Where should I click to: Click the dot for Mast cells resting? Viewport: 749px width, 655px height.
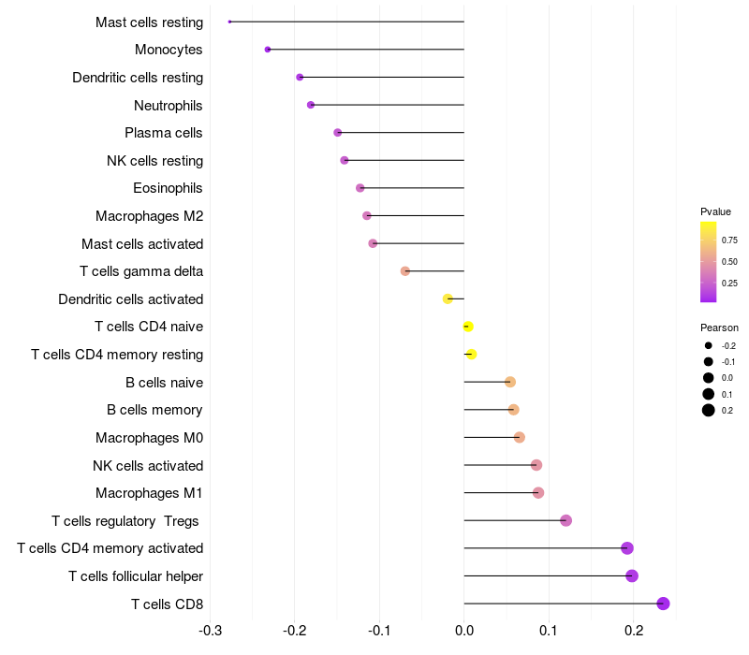point(229,22)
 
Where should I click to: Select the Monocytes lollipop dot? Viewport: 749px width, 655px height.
point(268,50)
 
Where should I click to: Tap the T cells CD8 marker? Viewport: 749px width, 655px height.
point(663,604)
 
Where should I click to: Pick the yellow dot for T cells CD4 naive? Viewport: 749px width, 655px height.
point(468,327)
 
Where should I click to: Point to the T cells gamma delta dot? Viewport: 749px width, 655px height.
point(405,271)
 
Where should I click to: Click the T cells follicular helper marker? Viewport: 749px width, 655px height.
point(632,575)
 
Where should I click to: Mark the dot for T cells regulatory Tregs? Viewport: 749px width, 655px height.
point(566,520)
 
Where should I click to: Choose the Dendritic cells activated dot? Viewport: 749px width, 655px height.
point(448,298)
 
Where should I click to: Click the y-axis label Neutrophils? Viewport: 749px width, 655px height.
point(169,106)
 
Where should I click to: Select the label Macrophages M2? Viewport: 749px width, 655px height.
point(150,216)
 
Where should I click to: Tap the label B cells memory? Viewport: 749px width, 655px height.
point(154,410)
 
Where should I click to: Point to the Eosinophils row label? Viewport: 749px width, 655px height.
point(168,188)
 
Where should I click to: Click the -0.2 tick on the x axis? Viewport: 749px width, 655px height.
point(295,631)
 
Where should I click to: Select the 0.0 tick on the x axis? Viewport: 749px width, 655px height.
point(464,631)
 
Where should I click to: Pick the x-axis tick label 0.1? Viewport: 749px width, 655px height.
point(549,631)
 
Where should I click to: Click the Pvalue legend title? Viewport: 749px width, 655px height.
point(715,211)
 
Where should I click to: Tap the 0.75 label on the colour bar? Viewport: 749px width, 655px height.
point(729,240)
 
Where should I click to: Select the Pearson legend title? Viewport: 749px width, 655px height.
point(719,327)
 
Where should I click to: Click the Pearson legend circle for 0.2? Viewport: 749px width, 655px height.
point(709,410)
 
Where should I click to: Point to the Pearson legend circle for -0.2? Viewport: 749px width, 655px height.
point(709,345)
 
